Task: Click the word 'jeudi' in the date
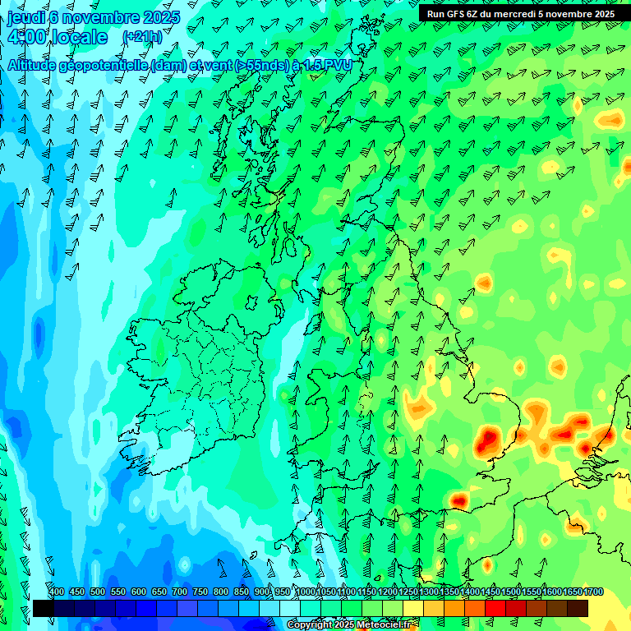pyautogui.click(x=25, y=16)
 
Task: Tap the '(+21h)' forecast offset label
pyautogui.click(x=142, y=37)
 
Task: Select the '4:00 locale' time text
pyautogui.click(x=56, y=38)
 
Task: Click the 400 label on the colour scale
pyautogui.click(x=57, y=592)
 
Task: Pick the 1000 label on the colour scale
pyautogui.click(x=306, y=592)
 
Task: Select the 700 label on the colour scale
pyautogui.click(x=180, y=592)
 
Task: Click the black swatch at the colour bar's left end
pyautogui.click(x=43, y=608)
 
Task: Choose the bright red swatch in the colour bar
pyautogui.click(x=495, y=608)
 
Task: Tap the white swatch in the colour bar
pyautogui.click(x=290, y=608)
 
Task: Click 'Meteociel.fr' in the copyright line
pyautogui.click(x=385, y=625)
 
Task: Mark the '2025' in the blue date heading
pyautogui.click(x=162, y=16)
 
